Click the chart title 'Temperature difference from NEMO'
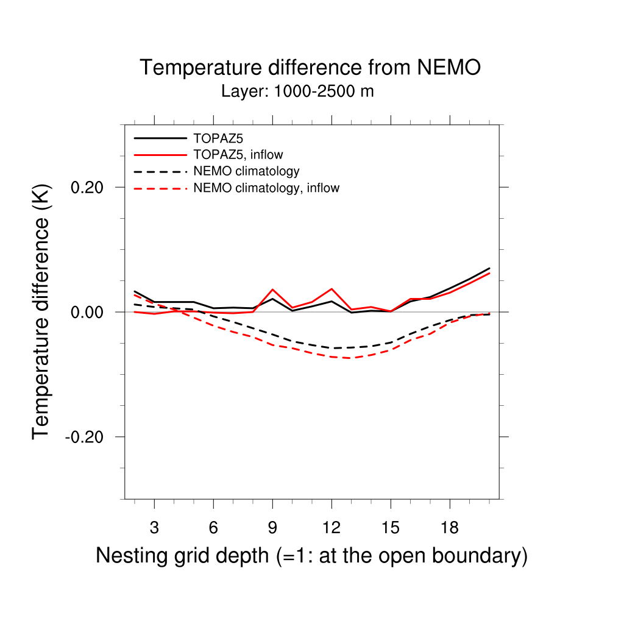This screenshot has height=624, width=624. click(x=310, y=68)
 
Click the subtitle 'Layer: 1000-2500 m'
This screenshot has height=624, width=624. click(x=297, y=92)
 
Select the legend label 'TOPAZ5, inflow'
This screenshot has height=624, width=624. click(x=238, y=154)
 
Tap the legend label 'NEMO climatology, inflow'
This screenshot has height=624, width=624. click(x=266, y=188)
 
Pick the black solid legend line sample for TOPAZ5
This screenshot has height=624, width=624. click(x=160, y=138)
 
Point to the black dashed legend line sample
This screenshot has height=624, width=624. click(x=160, y=171)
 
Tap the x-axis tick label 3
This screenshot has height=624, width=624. click(x=154, y=528)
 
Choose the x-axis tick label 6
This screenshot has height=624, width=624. click(x=213, y=528)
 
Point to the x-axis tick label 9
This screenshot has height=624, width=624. click(x=272, y=528)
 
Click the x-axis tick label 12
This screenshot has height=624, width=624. click(x=331, y=528)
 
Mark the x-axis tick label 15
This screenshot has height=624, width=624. click(x=391, y=528)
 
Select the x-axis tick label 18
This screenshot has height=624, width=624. click(x=450, y=528)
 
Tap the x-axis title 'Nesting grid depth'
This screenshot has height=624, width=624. click(x=311, y=556)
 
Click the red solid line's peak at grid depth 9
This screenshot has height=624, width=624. click(x=272, y=289)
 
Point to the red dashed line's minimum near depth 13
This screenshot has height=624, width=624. click(x=351, y=358)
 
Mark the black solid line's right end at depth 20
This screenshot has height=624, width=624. click(x=489, y=268)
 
